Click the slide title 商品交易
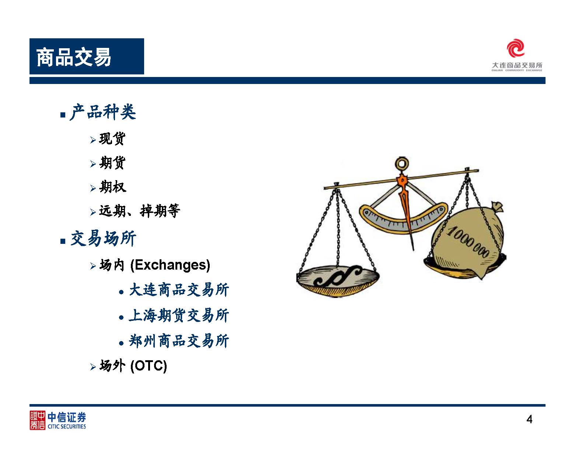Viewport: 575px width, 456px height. [74, 57]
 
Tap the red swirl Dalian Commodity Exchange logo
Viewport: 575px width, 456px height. [515, 48]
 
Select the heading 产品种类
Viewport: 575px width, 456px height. [103, 112]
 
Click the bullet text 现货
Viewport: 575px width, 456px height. [112, 138]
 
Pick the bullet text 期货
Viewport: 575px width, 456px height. [112, 162]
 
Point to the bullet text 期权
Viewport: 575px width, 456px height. [112, 187]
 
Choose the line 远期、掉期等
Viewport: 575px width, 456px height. [139, 211]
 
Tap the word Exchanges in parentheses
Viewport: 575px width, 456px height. [170, 265]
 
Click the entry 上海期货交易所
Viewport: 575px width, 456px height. [179, 315]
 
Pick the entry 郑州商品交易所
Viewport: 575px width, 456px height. [179, 341]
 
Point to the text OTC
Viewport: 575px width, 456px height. [149, 366]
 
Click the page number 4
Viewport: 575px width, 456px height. [529, 420]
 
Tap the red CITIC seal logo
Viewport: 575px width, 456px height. [37, 420]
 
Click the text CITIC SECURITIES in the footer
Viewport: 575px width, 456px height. [67, 427]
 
